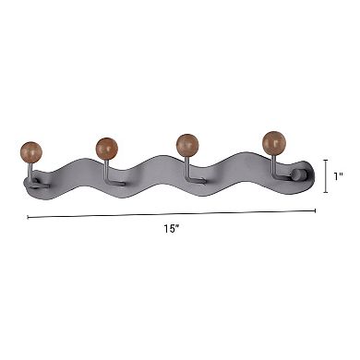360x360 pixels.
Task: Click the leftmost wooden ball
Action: tap(29, 150)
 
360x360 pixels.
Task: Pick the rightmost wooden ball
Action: tap(273, 143)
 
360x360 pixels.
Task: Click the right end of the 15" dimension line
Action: tap(317, 211)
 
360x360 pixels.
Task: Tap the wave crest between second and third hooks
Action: tap(152, 162)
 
